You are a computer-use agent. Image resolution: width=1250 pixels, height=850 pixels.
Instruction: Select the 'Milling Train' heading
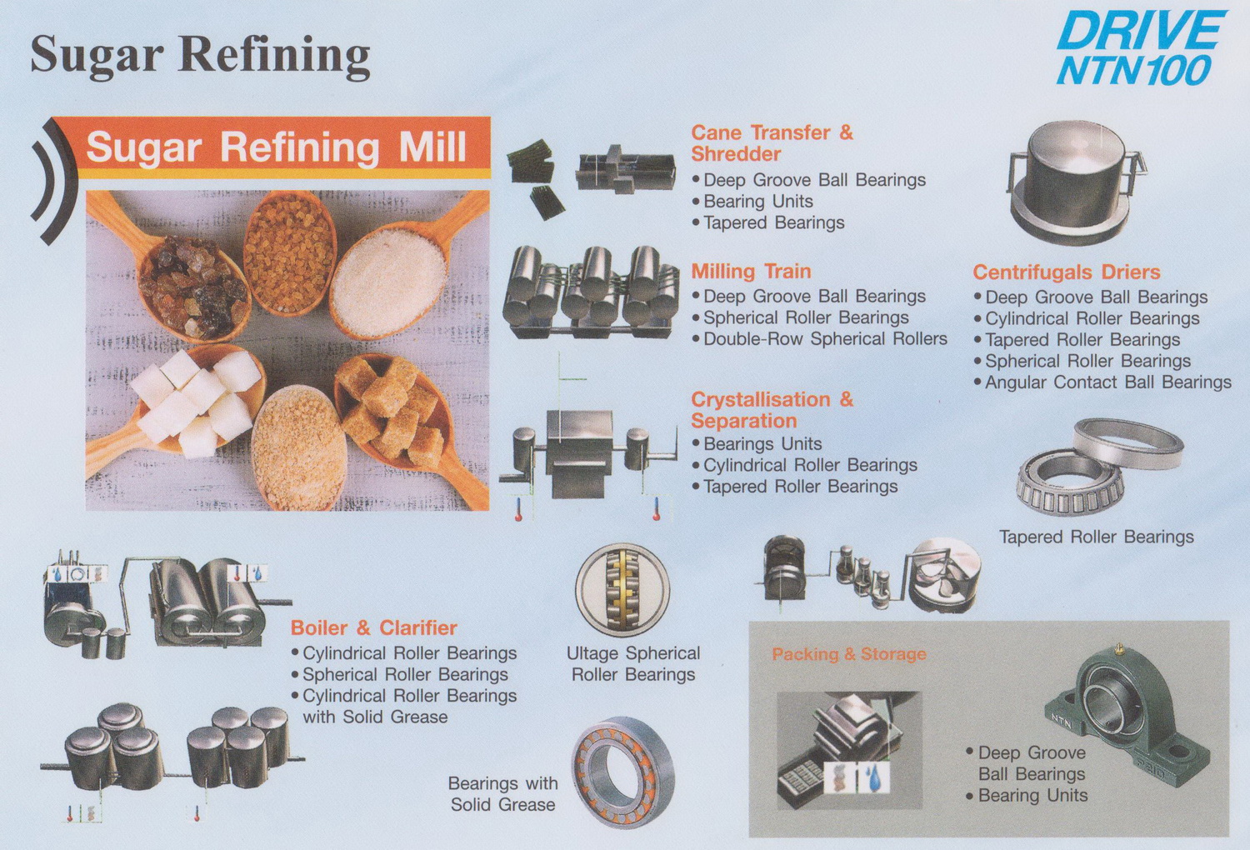pos(751,272)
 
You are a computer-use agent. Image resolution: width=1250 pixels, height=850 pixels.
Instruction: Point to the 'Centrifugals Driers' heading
pos(1067,272)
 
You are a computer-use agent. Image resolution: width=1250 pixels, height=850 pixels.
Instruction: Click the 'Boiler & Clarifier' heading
pos(373,627)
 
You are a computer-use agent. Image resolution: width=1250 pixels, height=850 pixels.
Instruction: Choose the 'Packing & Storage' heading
pos(849,654)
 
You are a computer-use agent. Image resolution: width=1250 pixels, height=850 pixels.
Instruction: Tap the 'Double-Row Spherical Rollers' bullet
pos(819,339)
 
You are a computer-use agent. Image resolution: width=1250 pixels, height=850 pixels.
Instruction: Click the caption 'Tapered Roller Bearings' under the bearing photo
pos(1096,537)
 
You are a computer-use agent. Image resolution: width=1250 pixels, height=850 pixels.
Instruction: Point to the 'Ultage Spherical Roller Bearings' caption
pos(633,663)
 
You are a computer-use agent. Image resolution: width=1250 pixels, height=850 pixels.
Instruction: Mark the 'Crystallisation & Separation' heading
pos(772,410)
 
